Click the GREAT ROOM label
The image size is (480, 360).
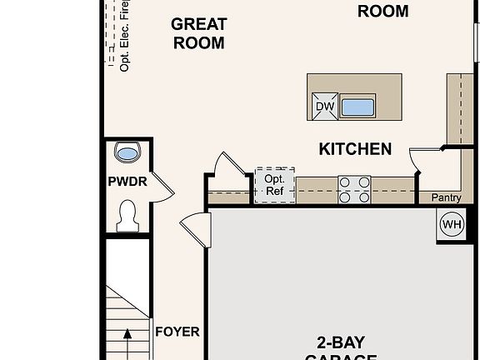(x=198, y=33)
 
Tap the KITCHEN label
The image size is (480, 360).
(x=355, y=149)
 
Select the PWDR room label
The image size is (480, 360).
(x=127, y=182)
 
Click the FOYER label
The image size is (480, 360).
(x=177, y=332)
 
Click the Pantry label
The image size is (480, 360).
(x=446, y=197)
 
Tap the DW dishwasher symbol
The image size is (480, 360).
(x=323, y=106)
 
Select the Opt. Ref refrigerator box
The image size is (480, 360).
(x=274, y=184)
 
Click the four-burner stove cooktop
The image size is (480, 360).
(x=354, y=189)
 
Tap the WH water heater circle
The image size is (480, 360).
(x=451, y=223)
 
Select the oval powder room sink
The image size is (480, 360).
(x=127, y=152)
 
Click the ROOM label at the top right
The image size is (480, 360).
(x=382, y=11)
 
